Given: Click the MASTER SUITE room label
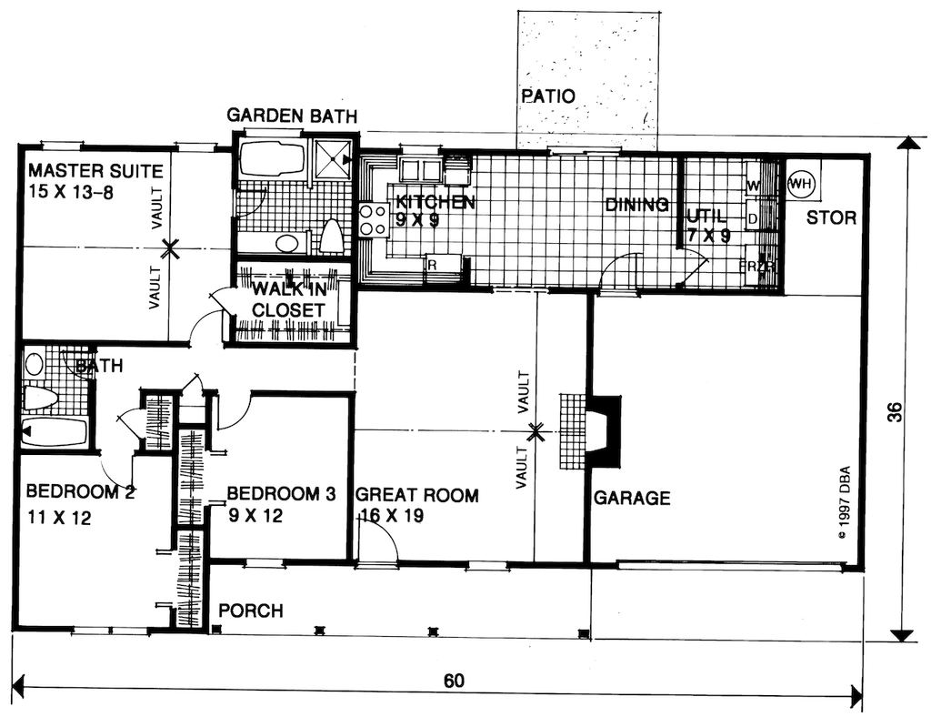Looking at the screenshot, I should (x=95, y=171).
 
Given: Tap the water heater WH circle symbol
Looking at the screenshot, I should (x=801, y=183).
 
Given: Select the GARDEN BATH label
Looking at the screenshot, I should (x=291, y=116).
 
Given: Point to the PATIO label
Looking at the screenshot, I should (x=548, y=96).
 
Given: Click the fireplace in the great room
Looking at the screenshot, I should (x=603, y=431).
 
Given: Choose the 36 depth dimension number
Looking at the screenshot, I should (x=896, y=413).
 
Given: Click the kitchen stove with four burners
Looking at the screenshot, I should (x=373, y=220).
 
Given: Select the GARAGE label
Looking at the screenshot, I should (x=632, y=498).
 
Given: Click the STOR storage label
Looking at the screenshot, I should (x=831, y=218).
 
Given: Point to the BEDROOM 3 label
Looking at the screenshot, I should (x=281, y=494).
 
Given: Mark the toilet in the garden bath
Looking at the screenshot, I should (x=331, y=237).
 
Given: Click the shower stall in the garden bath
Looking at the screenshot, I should (x=332, y=159).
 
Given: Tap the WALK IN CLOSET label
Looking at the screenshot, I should (x=288, y=300).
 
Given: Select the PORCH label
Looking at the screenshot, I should (x=250, y=611).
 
